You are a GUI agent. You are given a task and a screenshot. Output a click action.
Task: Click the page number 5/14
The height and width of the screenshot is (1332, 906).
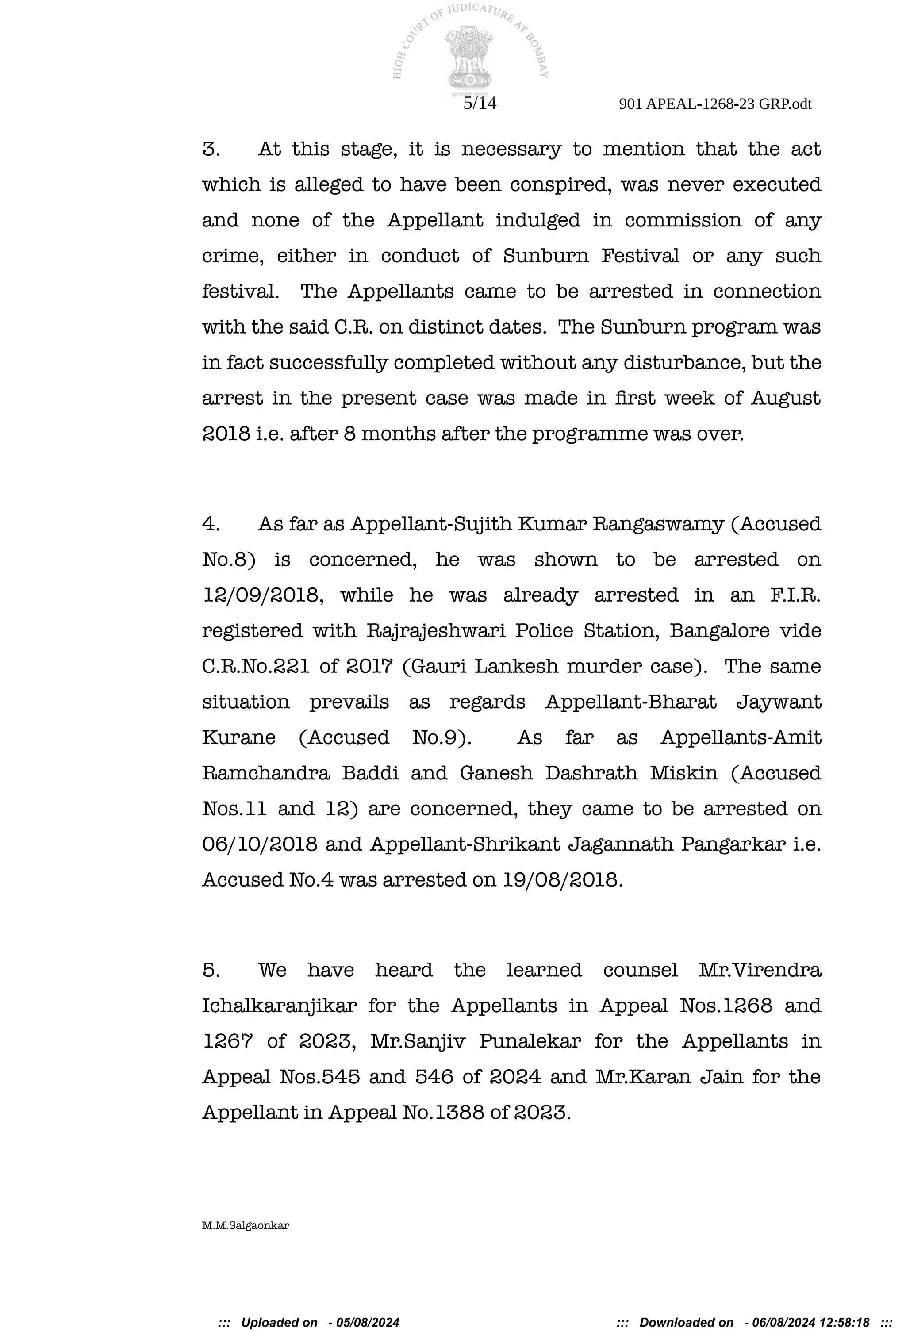tap(479, 103)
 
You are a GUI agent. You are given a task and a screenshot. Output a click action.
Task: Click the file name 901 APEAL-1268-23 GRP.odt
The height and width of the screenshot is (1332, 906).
tap(715, 104)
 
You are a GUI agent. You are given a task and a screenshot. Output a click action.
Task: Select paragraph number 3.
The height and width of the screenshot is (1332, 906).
tap(211, 150)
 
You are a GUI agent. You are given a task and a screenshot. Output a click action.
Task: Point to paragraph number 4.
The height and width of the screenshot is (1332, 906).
tap(211, 524)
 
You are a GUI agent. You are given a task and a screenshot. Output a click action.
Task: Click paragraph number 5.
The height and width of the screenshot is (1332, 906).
tap(211, 970)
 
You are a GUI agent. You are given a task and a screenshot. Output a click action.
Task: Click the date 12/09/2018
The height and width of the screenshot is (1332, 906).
tap(261, 595)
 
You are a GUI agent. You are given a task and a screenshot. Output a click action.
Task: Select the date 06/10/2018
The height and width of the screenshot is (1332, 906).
tap(260, 844)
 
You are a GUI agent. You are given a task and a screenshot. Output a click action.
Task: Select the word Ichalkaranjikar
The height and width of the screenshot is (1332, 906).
tap(279, 1006)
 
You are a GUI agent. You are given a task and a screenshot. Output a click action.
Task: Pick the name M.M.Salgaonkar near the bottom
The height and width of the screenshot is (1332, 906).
tap(245, 1226)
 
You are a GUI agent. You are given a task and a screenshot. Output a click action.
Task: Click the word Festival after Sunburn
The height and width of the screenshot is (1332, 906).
tap(640, 256)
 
